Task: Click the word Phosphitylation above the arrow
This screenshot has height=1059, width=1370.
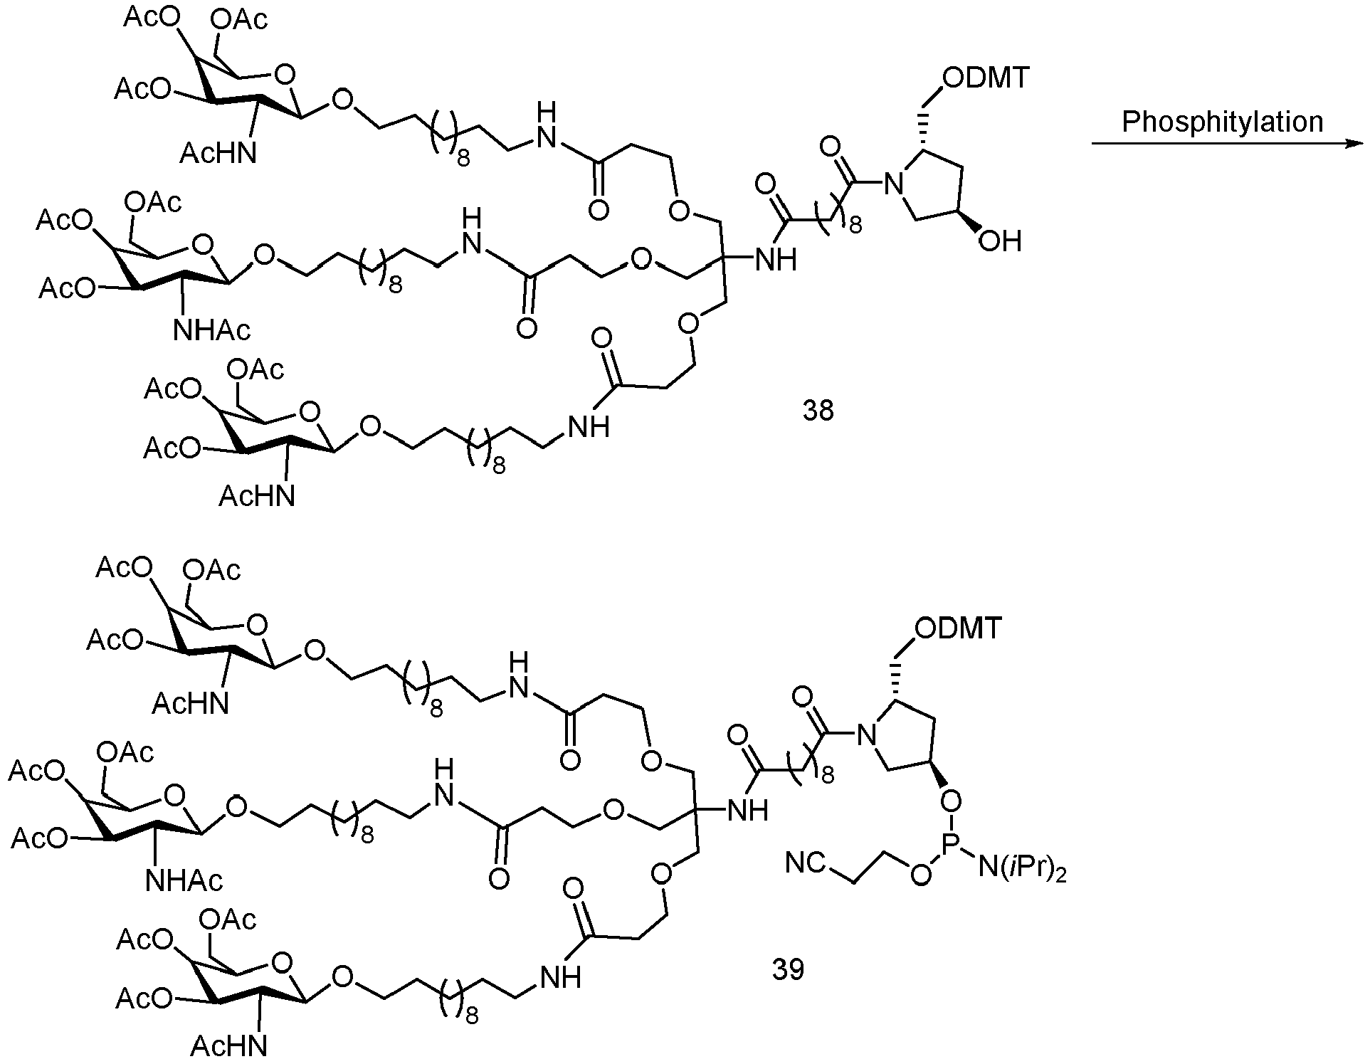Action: click(x=1222, y=122)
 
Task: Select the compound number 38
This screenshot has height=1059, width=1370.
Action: click(x=818, y=411)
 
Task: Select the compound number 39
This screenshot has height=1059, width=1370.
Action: click(x=788, y=969)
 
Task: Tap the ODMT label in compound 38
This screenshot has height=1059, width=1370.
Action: click(x=986, y=78)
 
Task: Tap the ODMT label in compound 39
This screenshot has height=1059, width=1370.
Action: click(x=959, y=628)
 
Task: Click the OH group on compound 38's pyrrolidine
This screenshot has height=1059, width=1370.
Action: click(x=999, y=241)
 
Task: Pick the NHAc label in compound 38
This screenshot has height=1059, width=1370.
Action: click(x=212, y=330)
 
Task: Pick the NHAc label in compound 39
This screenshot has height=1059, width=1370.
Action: click(x=184, y=881)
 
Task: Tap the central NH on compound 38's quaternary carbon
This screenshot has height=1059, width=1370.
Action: click(x=775, y=260)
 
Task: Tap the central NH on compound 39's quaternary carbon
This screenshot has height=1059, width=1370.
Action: click(x=747, y=811)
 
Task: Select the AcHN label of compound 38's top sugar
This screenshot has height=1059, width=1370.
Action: click(x=218, y=153)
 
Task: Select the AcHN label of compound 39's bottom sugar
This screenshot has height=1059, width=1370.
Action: click(x=228, y=1045)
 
